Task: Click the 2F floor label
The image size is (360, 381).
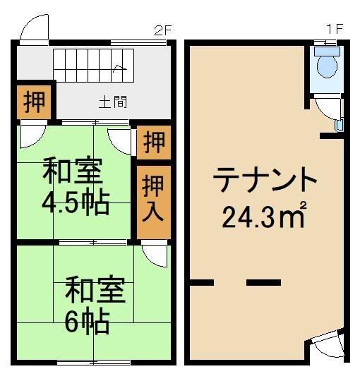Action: pos(163,30)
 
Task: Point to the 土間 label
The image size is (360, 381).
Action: pos(112,102)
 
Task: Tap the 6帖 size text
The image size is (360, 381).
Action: pos(86,322)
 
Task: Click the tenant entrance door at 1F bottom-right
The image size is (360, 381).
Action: pos(325,344)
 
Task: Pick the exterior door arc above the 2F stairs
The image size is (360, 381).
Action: pos(34,28)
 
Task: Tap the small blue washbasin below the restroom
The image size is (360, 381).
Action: pos(340,125)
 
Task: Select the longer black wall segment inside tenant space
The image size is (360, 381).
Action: pos(263,283)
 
